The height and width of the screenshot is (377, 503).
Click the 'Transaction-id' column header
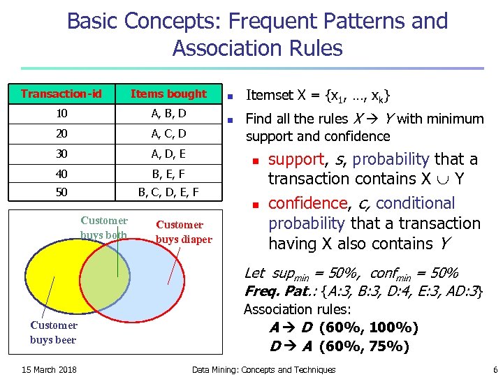tap(61, 94)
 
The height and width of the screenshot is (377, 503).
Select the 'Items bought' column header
tap(168, 94)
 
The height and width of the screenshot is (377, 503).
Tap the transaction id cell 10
tap(61, 113)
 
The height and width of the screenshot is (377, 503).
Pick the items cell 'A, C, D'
tap(168, 133)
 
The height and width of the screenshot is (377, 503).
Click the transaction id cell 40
tap(61, 172)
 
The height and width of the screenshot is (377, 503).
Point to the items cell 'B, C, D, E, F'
tap(168, 191)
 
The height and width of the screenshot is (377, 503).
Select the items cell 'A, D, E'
tap(168, 153)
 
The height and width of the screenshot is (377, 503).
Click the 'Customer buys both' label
tap(104, 228)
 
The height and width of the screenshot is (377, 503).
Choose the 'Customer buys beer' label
tap(53, 332)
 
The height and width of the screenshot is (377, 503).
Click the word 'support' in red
tap(297, 159)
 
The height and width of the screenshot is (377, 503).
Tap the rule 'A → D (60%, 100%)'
tap(344, 327)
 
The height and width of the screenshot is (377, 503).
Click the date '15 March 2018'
tap(49, 369)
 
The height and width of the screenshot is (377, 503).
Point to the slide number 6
tap(495, 369)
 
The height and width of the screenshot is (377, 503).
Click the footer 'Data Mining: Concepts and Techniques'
tap(263, 369)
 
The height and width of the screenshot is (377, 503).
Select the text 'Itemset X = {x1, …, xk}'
tap(318, 95)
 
